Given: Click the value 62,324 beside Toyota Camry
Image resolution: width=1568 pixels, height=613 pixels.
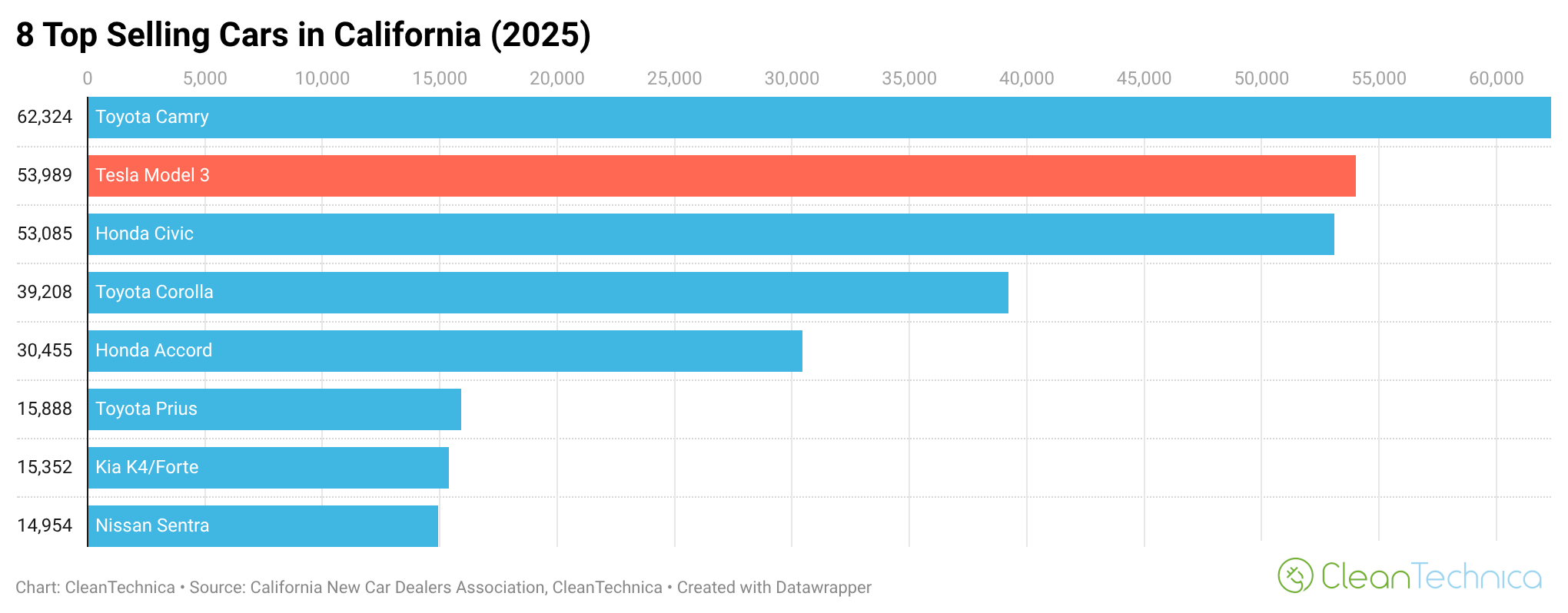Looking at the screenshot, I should pyautogui.click(x=45, y=117).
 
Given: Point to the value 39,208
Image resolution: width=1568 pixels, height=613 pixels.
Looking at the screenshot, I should pyautogui.click(x=45, y=292).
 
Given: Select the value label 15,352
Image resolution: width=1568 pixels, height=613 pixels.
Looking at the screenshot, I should pyautogui.click(x=45, y=467).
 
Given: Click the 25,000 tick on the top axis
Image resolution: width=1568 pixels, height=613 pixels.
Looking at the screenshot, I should pyautogui.click(x=674, y=78).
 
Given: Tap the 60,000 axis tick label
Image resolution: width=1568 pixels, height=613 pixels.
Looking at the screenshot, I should pyautogui.click(x=1496, y=78).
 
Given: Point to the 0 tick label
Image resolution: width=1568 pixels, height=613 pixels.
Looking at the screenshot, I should pyautogui.click(x=88, y=78).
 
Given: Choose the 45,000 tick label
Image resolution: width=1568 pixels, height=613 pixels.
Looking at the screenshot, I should pyautogui.click(x=1144, y=78).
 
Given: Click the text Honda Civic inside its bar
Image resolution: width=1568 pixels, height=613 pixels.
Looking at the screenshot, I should pyautogui.click(x=145, y=234).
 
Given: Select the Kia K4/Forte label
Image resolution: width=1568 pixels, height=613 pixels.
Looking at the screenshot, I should pyautogui.click(x=147, y=467).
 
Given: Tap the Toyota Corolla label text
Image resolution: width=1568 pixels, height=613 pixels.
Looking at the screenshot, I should pyautogui.click(x=154, y=292).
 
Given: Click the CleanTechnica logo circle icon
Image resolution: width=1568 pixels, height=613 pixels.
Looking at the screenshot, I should pyautogui.click(x=1295, y=575).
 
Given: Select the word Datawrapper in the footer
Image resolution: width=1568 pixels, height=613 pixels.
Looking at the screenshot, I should pyautogui.click(x=823, y=588).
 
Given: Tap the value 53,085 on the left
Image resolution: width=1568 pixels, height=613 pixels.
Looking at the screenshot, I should pyautogui.click(x=45, y=234).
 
